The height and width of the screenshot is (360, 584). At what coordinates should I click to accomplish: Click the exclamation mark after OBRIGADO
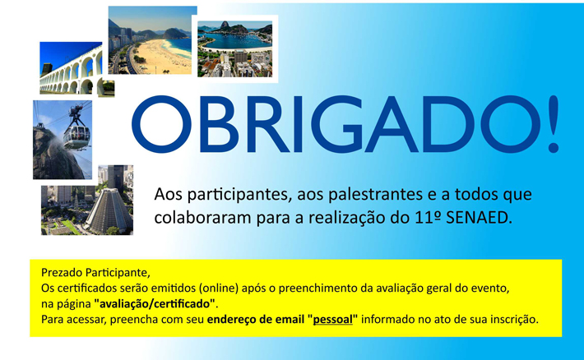point(554,123)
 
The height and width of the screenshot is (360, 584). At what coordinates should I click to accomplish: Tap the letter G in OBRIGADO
point(336,124)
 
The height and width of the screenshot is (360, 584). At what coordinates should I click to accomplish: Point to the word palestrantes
point(360,195)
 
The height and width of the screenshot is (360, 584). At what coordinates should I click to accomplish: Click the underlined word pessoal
point(332,320)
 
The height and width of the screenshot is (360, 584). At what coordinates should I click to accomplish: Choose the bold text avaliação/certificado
point(155,304)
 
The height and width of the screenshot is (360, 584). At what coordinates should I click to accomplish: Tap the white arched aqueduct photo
point(71,67)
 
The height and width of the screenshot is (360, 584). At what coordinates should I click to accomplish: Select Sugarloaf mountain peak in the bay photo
point(225,25)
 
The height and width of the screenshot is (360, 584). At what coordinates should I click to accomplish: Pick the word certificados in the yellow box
point(88,288)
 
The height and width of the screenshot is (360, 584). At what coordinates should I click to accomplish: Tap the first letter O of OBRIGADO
point(161,124)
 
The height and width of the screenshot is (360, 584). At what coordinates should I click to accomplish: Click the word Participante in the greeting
point(118,273)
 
